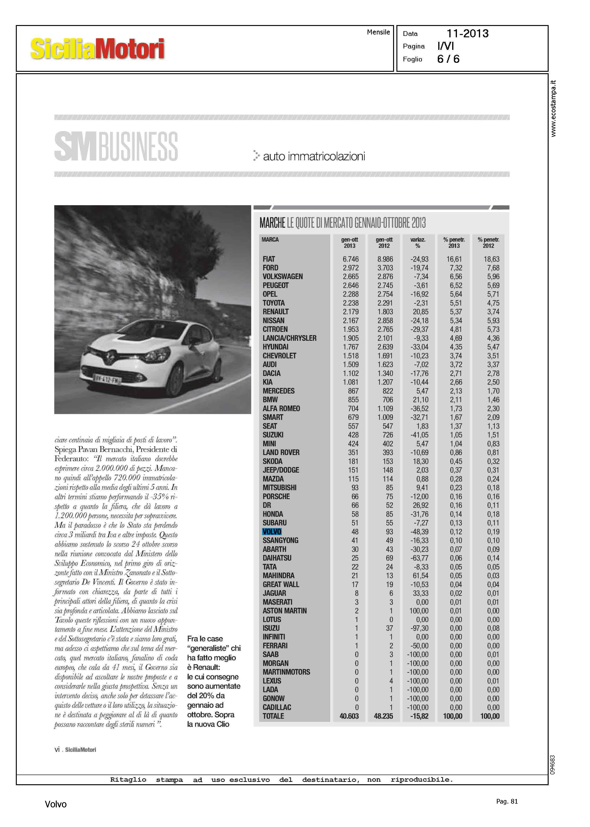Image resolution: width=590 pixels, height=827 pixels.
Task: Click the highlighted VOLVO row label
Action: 272,532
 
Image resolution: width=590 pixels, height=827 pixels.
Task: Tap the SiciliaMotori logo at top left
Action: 97,49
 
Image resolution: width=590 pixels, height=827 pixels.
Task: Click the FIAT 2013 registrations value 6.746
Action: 350,259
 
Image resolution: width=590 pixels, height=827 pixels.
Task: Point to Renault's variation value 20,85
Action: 420,312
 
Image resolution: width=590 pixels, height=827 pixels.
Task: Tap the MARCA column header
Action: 270,239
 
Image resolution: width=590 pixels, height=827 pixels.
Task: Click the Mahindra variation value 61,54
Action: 420,575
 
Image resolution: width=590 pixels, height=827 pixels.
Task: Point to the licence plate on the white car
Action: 107,379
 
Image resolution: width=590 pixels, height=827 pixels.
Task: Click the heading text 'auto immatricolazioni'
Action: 314,156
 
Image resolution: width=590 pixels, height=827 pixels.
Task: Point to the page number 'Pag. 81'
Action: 507,801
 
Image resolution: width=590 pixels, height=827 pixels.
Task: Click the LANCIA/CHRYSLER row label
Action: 290,338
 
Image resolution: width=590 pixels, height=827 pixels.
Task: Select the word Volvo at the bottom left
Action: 56,804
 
